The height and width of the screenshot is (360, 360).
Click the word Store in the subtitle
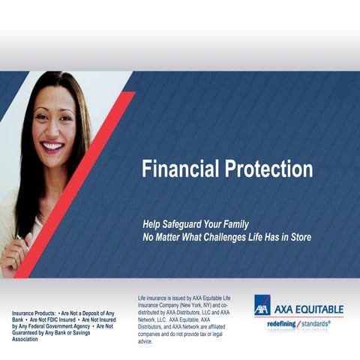tap(298, 237)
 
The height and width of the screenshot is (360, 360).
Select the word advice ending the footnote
tap(145, 341)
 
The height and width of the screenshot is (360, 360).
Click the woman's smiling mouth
tap(52, 147)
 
